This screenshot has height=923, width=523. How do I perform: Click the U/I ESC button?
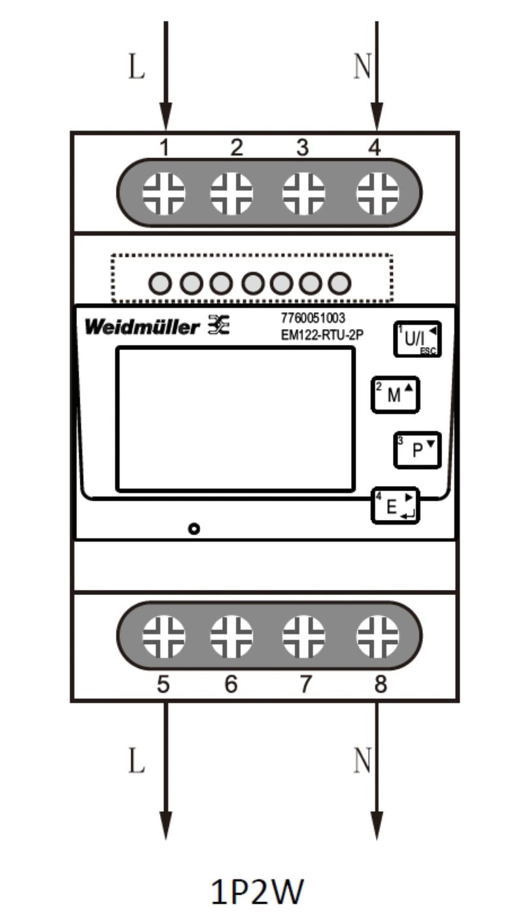[x=417, y=339]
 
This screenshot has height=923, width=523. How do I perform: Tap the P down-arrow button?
[x=417, y=450]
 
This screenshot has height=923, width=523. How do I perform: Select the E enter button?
[x=396, y=506]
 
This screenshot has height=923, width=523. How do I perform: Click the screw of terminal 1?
[x=164, y=194]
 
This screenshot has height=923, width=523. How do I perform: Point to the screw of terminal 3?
[x=303, y=194]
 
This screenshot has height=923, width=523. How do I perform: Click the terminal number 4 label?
[x=374, y=148]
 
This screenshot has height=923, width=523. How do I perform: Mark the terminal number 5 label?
[x=164, y=684]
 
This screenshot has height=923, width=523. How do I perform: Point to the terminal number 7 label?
[x=305, y=684]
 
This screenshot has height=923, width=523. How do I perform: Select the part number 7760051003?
[x=312, y=319]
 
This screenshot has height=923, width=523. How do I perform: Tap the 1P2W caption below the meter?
[x=257, y=892]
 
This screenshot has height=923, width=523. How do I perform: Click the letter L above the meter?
[x=136, y=67]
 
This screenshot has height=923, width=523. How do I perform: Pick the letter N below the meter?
[x=362, y=760]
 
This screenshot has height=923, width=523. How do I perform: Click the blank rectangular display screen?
[x=235, y=419]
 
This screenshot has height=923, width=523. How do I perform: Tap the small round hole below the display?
[x=194, y=528]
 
